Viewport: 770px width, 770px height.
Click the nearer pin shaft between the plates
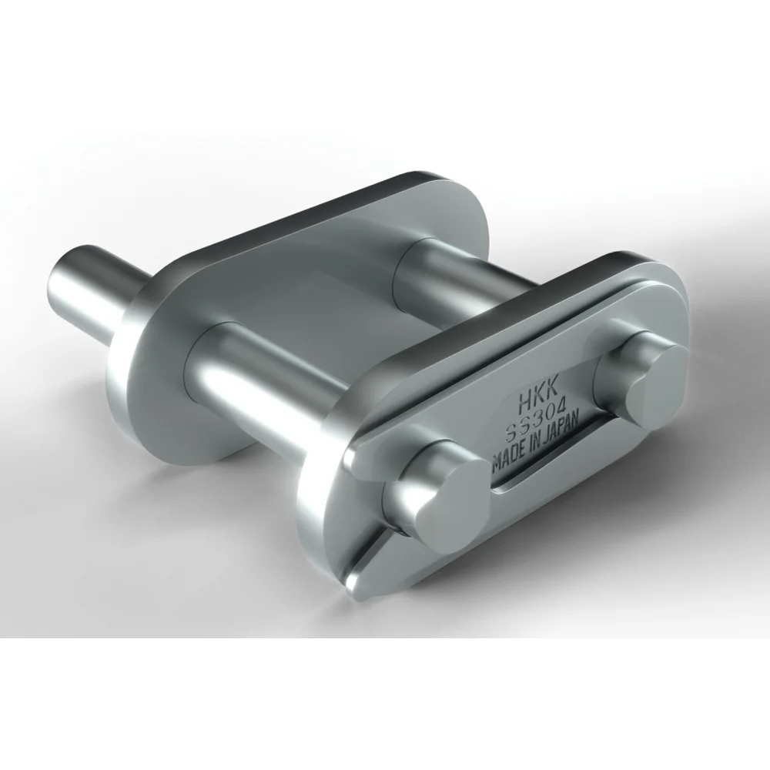[262, 370]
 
